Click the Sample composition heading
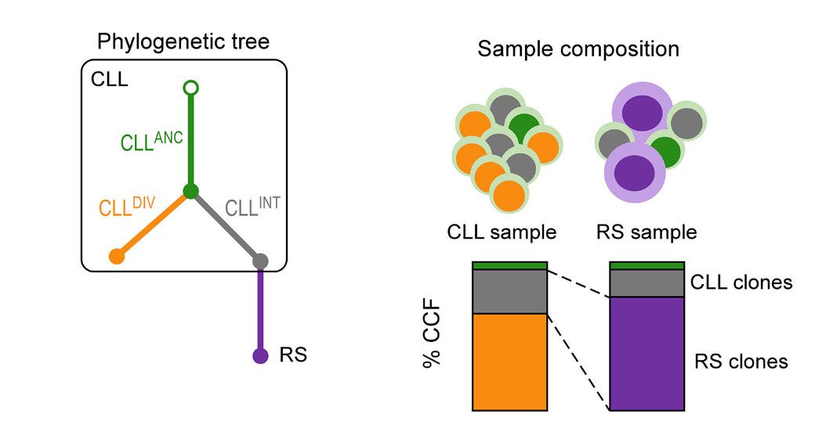pos(578,49)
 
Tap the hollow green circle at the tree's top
pos(189,88)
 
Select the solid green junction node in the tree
pos(189,191)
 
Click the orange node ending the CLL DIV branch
pos(117,255)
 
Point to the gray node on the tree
pos(261,260)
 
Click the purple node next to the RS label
pos(260,356)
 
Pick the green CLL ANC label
pos(151,142)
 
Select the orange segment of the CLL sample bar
pos(509,360)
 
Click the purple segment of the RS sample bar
pos(647,352)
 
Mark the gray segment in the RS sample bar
pos(647,283)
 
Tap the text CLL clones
pos(741,282)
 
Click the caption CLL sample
pos(502,232)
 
